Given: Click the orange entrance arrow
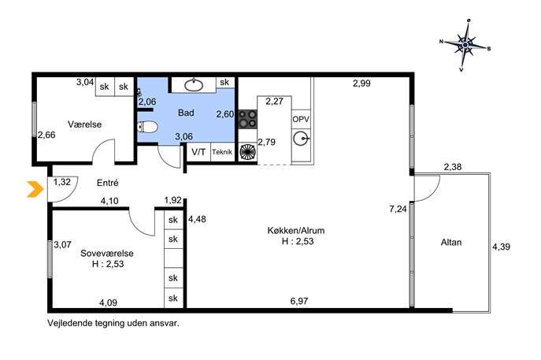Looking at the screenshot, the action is (35, 189).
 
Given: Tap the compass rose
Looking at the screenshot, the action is (465, 45).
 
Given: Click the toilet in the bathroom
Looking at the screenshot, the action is (147, 127).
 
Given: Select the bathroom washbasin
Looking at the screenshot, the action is (194, 85).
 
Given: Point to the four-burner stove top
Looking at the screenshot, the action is (248, 119).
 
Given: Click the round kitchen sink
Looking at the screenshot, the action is (302, 139).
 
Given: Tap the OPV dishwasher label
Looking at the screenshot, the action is (301, 120).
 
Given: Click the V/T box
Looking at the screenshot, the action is (198, 152).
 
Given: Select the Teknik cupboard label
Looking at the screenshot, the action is (222, 152).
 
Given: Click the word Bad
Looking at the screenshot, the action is (186, 113).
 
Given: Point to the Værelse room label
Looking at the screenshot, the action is (84, 124).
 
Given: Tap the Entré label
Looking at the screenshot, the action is (108, 183).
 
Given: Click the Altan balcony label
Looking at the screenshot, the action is (451, 243).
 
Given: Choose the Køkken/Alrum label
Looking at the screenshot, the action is (296, 230).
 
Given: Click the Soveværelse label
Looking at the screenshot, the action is (107, 253).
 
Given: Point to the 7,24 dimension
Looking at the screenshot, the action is (398, 209).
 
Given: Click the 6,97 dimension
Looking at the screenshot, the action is (299, 301).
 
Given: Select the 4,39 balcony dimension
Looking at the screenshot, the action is (501, 247).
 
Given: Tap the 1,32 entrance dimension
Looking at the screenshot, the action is (62, 182).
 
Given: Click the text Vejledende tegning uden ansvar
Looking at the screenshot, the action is (113, 324).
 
